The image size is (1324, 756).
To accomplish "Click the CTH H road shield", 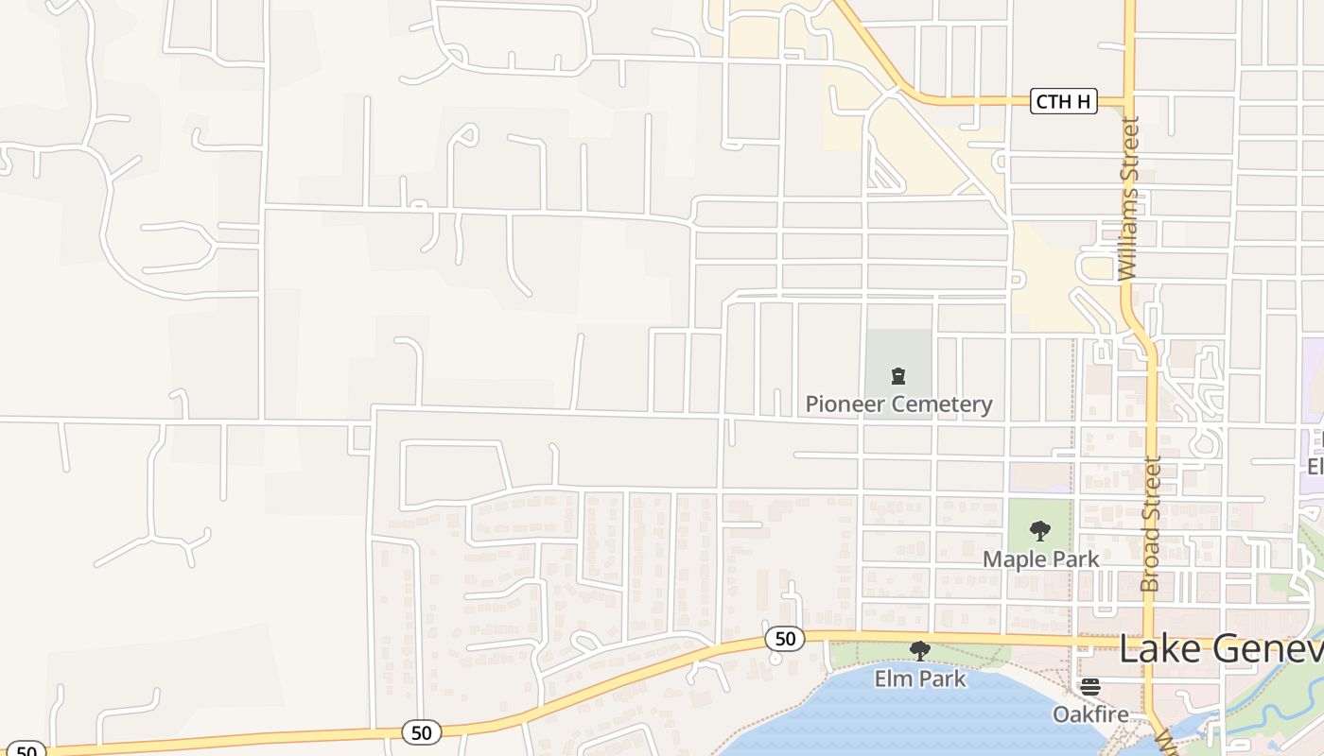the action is [1063, 102].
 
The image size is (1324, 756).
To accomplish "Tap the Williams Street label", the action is [1127, 198].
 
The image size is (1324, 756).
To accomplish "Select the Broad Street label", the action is [1151, 524].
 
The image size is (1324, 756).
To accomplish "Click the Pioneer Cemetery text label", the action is [898, 404].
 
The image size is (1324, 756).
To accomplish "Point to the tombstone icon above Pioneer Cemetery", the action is [897, 376].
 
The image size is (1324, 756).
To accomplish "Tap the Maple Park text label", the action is [1040, 559].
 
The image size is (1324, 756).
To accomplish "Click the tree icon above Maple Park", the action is [1040, 531].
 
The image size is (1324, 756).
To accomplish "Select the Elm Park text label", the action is [920, 679].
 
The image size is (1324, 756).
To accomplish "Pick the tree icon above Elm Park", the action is [919, 651].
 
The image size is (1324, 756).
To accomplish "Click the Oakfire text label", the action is [1090, 713].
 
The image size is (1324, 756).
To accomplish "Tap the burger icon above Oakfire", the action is [1090, 686].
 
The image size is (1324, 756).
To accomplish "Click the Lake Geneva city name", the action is [1220, 650].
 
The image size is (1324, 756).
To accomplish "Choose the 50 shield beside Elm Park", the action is [785, 639].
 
